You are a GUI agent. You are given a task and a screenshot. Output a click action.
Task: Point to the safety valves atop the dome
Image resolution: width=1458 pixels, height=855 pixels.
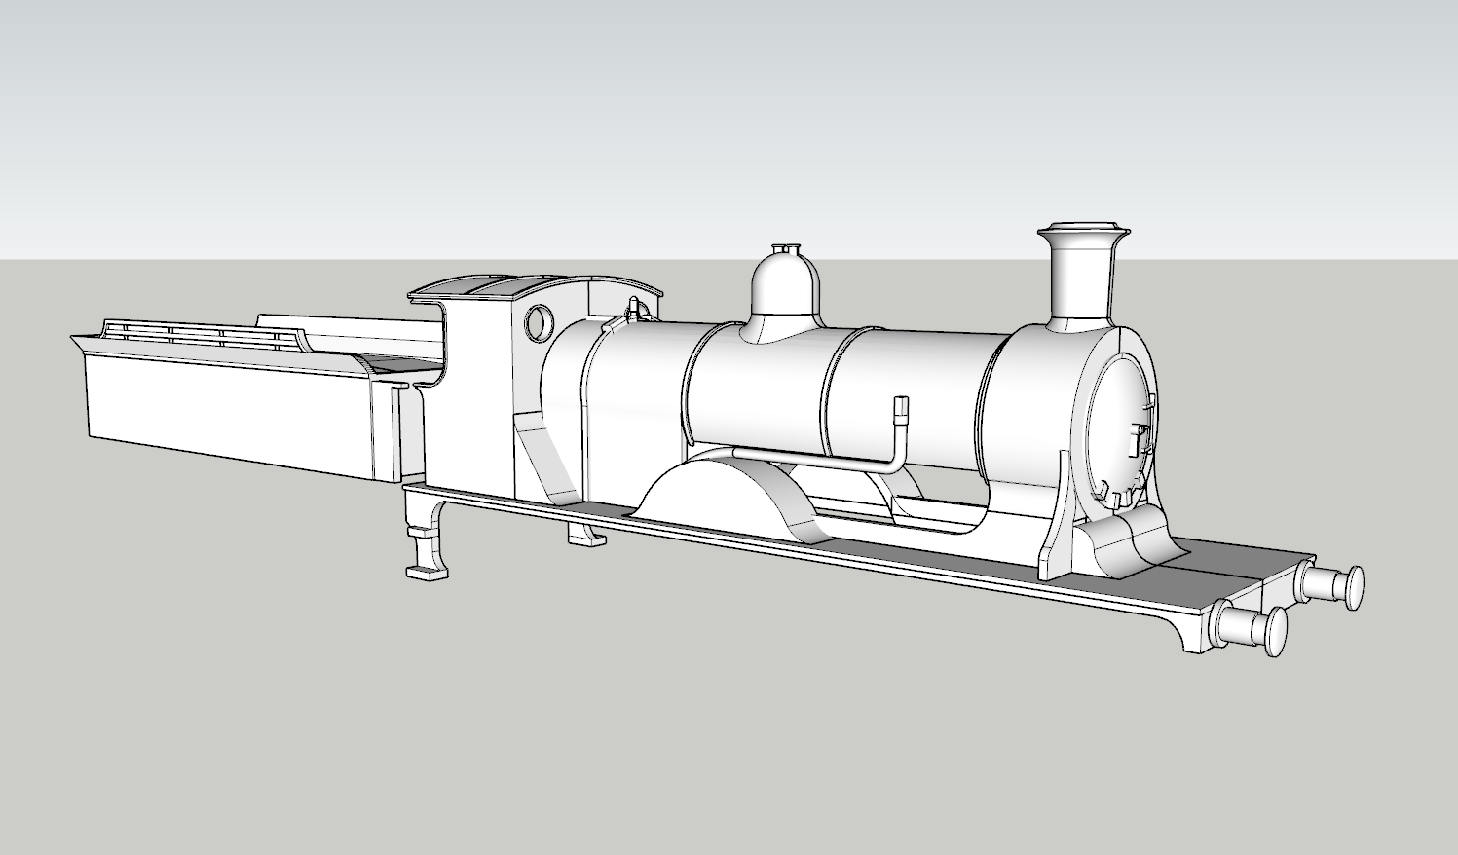click(787, 249)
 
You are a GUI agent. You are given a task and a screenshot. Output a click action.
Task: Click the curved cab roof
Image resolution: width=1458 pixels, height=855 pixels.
click(487, 286)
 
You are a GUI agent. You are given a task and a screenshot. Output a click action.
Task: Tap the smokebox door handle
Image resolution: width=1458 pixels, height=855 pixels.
click(1138, 437)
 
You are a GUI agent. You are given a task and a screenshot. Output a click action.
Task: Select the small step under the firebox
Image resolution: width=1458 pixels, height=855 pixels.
click(584, 535)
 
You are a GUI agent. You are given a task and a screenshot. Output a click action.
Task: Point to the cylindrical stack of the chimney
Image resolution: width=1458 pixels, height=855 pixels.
click(1081, 282)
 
